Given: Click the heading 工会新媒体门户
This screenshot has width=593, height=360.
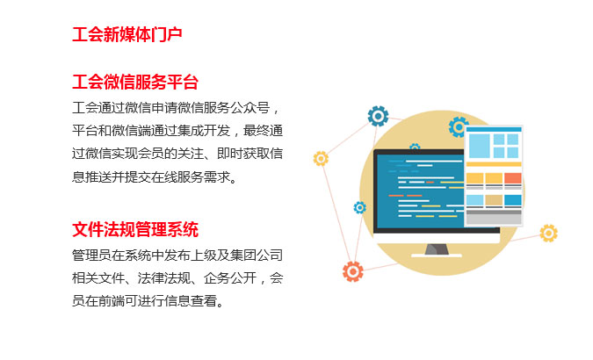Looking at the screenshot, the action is (127, 34).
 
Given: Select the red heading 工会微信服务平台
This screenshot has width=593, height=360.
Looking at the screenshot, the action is (135, 82).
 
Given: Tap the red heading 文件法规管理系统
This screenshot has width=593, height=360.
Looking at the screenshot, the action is (135, 229).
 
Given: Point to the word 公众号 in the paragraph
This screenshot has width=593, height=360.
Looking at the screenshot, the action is (249, 108).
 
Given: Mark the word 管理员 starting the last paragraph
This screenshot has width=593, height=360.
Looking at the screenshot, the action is (91, 256).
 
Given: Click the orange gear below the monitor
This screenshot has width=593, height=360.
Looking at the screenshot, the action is (353, 271).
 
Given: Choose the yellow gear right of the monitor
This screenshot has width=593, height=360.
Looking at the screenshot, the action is (548, 233).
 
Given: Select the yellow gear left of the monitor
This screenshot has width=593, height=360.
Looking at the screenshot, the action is (321, 159).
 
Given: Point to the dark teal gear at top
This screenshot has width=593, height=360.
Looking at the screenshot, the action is (378, 116).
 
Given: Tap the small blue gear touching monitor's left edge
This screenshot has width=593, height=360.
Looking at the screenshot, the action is (359, 207).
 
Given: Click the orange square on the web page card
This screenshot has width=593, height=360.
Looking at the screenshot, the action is (512, 178).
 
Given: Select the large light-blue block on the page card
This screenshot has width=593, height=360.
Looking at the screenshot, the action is (479, 146).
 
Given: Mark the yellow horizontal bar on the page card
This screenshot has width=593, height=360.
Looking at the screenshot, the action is (494, 164).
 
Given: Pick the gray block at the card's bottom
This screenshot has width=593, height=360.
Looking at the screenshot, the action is (494, 218).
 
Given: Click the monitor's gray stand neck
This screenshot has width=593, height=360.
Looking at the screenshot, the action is (437, 249).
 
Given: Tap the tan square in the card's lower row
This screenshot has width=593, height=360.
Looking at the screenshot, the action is (494, 200).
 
